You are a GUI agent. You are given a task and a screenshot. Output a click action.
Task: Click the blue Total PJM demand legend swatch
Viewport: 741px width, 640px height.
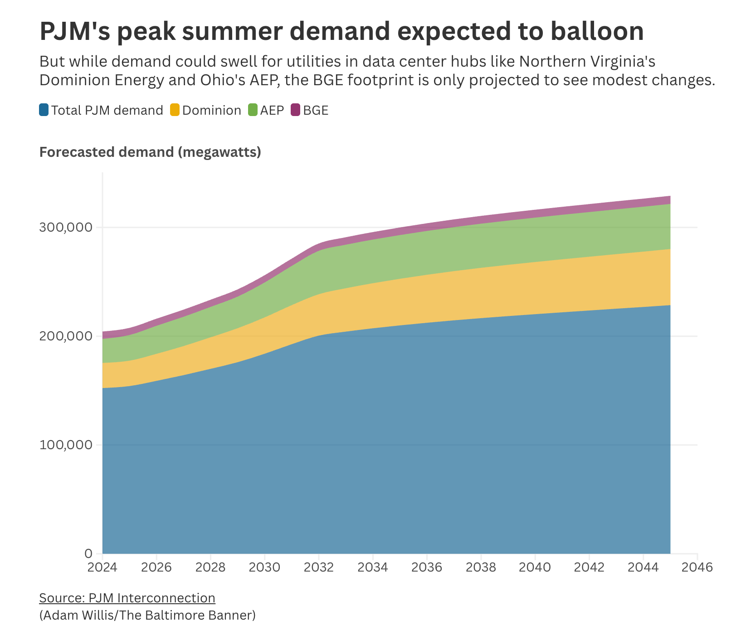pyautogui.click(x=44, y=110)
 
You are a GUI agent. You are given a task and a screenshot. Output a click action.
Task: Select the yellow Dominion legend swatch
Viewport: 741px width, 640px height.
pyautogui.click(x=175, y=110)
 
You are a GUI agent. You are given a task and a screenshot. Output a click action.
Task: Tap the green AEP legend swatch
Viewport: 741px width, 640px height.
pyautogui.click(x=253, y=110)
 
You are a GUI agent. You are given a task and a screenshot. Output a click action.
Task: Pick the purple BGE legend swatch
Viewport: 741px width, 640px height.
pyautogui.click(x=296, y=110)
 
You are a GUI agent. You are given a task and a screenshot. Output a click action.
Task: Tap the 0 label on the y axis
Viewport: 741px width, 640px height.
pyautogui.click(x=88, y=554)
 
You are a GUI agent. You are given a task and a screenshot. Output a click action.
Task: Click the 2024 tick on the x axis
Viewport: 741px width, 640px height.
pyautogui.click(x=102, y=568)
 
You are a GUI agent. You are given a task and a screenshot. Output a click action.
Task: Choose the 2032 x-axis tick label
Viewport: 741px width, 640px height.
pyautogui.click(x=319, y=568)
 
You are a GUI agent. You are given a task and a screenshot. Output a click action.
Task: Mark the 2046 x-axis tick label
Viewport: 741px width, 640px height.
pyautogui.click(x=697, y=568)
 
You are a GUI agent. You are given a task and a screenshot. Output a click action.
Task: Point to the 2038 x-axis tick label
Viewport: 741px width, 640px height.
pyautogui.click(x=481, y=568)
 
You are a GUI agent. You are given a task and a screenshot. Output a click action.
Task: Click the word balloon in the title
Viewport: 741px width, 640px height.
pyautogui.click(x=597, y=31)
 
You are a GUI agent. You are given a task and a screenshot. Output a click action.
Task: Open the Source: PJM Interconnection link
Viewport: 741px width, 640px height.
pyautogui.click(x=127, y=598)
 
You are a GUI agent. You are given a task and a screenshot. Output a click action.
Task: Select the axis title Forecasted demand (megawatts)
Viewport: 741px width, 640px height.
pyautogui.click(x=150, y=152)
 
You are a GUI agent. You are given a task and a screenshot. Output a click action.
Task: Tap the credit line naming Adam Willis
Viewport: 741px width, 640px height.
pyautogui.click(x=147, y=616)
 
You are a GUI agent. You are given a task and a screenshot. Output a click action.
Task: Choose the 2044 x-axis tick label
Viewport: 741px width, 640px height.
pyautogui.click(x=643, y=568)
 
